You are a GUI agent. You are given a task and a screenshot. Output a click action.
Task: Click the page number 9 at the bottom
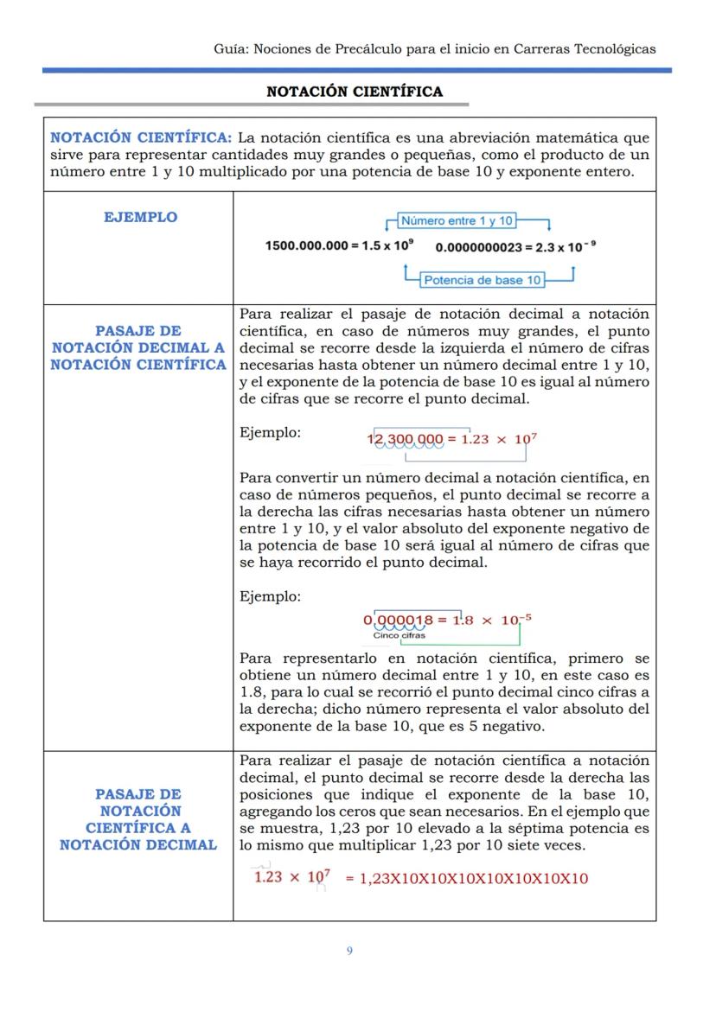(x=349, y=951)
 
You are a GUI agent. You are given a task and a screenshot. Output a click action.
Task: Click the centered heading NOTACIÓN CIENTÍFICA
(x=355, y=92)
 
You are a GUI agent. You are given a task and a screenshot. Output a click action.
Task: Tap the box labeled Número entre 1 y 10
(x=457, y=221)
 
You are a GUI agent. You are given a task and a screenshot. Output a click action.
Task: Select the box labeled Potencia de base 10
(x=483, y=280)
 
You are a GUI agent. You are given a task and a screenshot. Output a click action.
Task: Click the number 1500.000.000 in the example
(x=306, y=246)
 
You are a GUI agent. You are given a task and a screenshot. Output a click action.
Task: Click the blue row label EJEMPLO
(x=140, y=218)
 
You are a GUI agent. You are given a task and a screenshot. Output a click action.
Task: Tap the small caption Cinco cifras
(x=400, y=635)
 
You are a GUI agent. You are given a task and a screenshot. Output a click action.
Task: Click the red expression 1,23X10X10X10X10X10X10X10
(x=474, y=879)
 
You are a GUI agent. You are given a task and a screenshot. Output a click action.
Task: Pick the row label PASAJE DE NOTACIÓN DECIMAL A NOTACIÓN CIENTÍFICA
(x=138, y=347)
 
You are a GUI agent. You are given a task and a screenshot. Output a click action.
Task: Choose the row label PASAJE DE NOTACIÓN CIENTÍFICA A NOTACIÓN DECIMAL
(x=138, y=819)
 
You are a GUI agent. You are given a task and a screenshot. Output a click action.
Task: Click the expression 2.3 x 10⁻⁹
(x=566, y=247)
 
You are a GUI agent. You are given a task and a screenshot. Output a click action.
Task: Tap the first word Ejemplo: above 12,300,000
(x=271, y=432)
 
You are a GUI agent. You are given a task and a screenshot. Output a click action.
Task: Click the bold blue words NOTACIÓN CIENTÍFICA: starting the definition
(x=141, y=138)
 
